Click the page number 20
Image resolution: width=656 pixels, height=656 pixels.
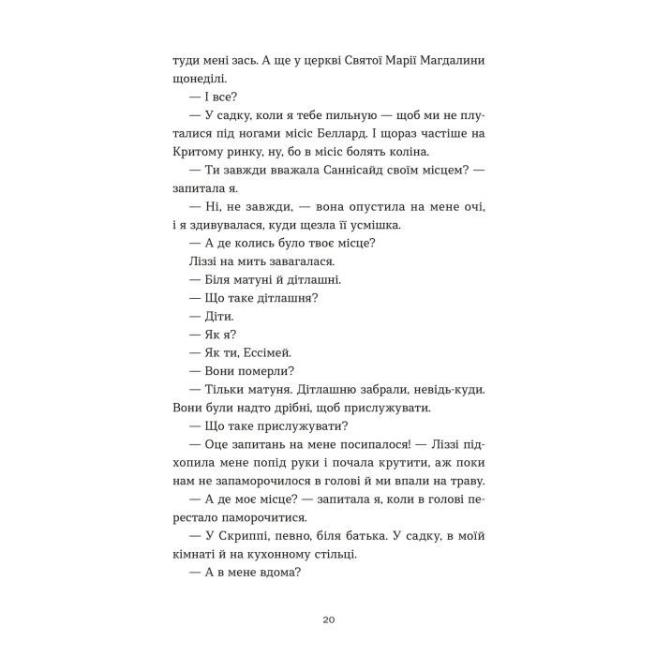[x=327, y=619]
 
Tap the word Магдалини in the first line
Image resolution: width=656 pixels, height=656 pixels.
[x=441, y=61]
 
